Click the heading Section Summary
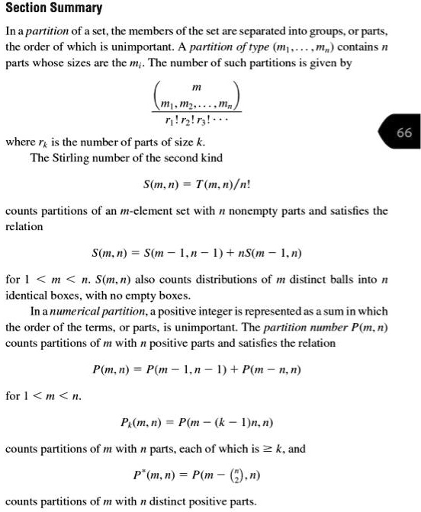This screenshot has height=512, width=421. [x=53, y=8]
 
